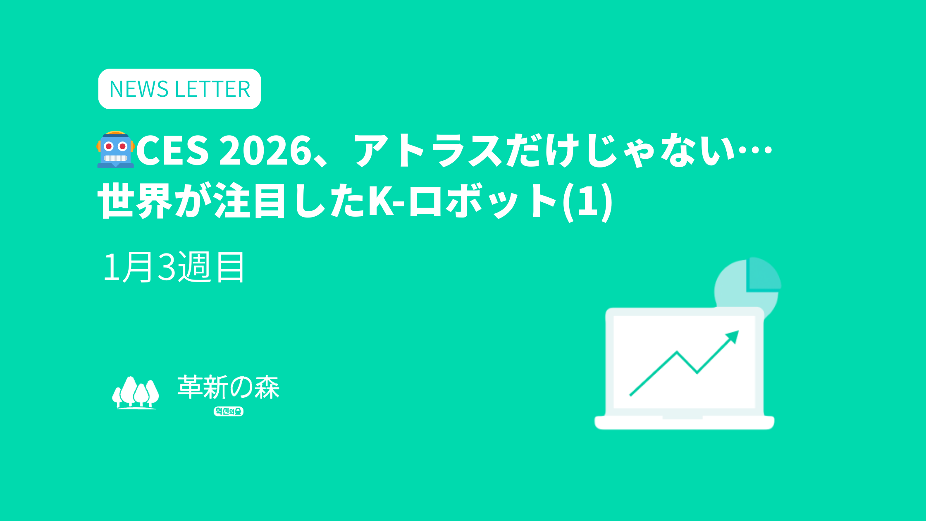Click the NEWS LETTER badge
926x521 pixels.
[x=179, y=89]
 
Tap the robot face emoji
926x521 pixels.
[x=116, y=150]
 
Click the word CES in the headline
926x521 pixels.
[x=172, y=151]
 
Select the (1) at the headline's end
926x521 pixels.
[x=587, y=201]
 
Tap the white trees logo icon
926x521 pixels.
[x=135, y=392]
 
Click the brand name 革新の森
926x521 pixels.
[x=229, y=387]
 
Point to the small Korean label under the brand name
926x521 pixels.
[x=229, y=411]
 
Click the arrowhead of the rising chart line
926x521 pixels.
[x=732, y=337]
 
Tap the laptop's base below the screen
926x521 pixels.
[x=684, y=423]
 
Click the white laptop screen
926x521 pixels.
[x=684, y=362]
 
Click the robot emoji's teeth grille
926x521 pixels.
[x=115, y=158]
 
